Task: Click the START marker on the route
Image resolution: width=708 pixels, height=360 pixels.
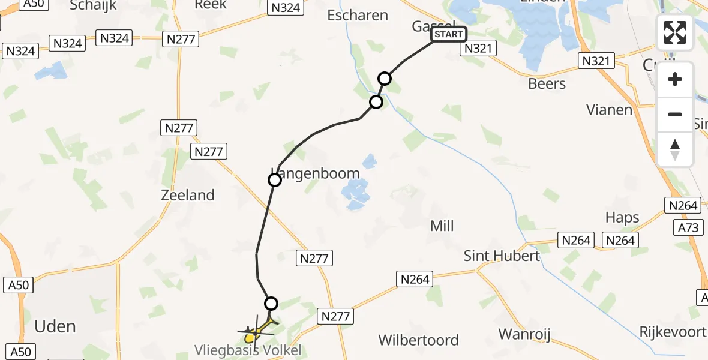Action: click(x=449, y=34)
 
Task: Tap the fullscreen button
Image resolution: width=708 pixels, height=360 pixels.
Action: click(x=675, y=32)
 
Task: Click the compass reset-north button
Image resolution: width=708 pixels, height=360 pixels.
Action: click(x=675, y=149)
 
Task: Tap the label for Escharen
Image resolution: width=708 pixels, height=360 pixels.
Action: click(x=358, y=15)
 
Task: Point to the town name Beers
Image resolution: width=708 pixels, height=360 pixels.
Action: click(x=547, y=83)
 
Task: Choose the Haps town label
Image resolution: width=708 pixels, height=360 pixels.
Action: click(x=622, y=217)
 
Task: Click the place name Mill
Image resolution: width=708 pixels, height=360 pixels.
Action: click(x=442, y=226)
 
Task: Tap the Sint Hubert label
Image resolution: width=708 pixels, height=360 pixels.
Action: click(x=502, y=256)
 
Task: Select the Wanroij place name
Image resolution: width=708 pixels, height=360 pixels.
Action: click(x=524, y=334)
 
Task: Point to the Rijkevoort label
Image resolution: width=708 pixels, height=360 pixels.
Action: click(x=673, y=332)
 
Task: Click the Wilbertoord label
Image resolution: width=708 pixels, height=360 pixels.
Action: click(x=418, y=340)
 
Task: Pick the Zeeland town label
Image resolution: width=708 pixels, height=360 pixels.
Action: click(x=188, y=195)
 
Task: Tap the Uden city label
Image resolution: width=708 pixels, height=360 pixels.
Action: click(x=55, y=326)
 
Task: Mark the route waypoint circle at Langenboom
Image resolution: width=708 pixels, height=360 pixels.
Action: click(x=274, y=180)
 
